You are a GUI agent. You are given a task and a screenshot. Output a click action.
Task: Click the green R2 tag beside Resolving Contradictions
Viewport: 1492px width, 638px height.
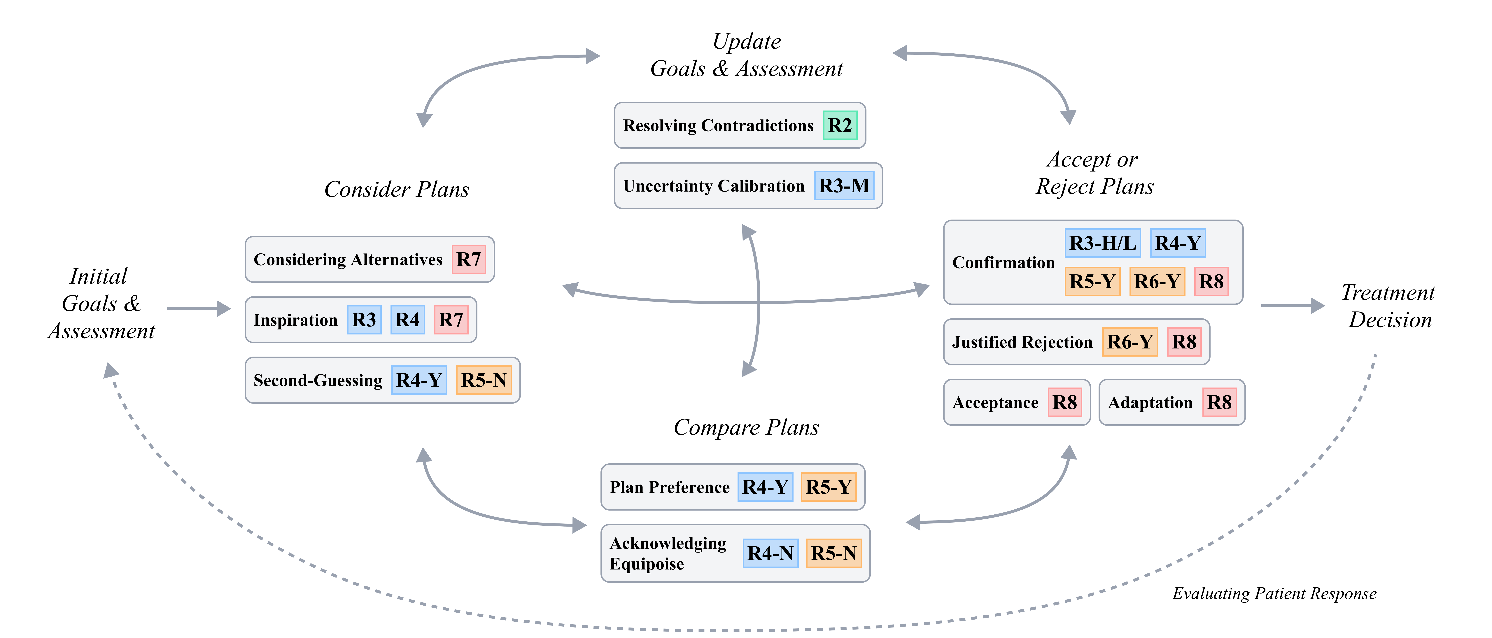[x=840, y=125]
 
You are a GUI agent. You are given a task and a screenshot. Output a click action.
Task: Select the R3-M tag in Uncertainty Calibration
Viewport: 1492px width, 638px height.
[x=844, y=186]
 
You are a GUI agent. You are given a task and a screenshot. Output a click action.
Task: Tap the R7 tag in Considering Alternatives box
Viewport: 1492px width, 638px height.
[x=469, y=259]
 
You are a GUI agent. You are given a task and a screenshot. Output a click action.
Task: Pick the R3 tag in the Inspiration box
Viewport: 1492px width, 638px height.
[x=364, y=320]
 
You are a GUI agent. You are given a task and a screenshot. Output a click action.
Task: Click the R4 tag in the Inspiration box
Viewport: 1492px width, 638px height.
[x=407, y=320]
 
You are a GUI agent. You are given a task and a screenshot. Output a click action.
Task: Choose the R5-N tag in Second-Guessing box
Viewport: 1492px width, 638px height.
[x=484, y=380]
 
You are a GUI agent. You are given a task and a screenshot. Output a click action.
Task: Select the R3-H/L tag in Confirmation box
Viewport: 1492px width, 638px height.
[x=1102, y=243]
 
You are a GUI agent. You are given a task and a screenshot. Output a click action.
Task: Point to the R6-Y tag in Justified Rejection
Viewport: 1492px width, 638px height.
[x=1129, y=342]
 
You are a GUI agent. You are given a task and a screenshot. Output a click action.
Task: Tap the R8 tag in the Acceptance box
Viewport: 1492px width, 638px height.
[x=1064, y=402]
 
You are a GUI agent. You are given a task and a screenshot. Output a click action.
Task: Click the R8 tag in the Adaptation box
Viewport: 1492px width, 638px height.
[x=1219, y=402]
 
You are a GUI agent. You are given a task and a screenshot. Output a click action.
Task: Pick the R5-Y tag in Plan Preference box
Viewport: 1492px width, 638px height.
[x=828, y=487]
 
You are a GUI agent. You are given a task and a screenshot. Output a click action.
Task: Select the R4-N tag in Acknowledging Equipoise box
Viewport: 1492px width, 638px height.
[x=770, y=553]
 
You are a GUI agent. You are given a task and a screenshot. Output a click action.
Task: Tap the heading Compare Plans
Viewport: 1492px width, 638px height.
[x=746, y=427]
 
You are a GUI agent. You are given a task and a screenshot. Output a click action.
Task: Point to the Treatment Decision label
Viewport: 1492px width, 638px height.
[x=1389, y=306]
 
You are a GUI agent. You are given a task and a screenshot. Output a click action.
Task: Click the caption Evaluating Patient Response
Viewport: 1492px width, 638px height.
[x=1274, y=593]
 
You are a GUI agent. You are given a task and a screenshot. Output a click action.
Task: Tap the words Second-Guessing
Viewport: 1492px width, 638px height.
[x=317, y=380]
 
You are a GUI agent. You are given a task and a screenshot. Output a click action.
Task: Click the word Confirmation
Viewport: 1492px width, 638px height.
[x=1003, y=263]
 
